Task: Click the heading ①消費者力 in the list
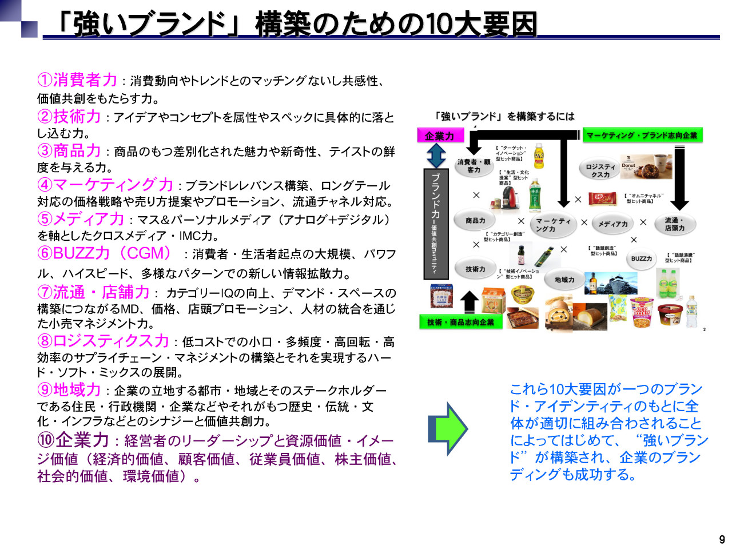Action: [77, 80]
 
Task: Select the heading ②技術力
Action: [69, 117]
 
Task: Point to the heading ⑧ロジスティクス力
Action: [103, 341]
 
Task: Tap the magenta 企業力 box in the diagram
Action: [439, 136]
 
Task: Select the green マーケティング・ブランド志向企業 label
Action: [642, 136]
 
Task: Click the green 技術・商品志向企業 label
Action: [460, 322]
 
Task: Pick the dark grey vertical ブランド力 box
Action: [435, 223]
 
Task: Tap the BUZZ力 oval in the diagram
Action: [641, 259]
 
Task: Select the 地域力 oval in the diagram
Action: [564, 280]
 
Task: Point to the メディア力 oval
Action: [612, 224]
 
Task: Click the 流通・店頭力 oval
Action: [675, 224]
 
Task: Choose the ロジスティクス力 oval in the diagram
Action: [600, 170]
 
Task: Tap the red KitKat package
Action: [603, 199]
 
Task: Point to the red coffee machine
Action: [511, 200]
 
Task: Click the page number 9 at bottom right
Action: [722, 539]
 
